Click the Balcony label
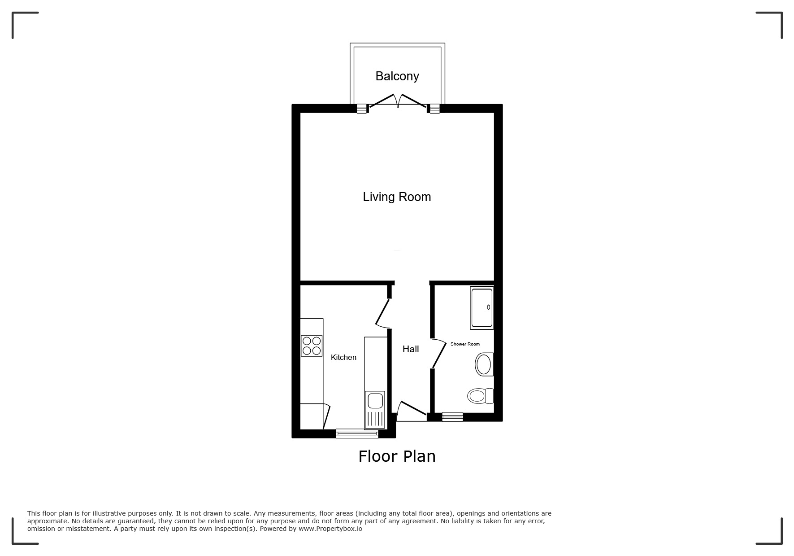pos(397,76)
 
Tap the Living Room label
pos(397,197)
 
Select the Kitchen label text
pos(343,357)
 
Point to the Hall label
pos(411,349)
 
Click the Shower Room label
pos(465,344)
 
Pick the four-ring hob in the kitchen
pos(312,346)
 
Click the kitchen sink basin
pos(375,400)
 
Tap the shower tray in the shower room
pos(482,307)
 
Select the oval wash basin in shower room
pos(484,364)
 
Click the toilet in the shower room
pos(480,396)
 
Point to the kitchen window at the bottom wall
pos(357,433)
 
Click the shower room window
pos(452,417)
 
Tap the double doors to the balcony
pos(397,101)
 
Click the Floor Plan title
pos(397,456)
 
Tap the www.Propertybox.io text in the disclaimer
pos(330,529)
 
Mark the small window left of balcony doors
pos(362,109)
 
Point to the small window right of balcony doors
pos(434,109)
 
